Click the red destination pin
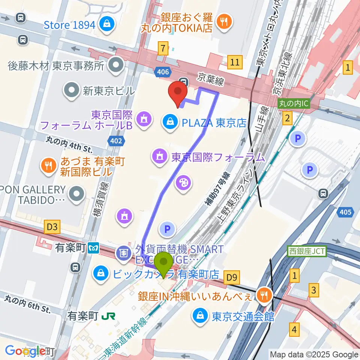178,94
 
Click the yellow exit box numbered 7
162,48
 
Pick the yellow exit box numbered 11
235,62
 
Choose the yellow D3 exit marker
52,226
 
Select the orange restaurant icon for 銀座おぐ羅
224,22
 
